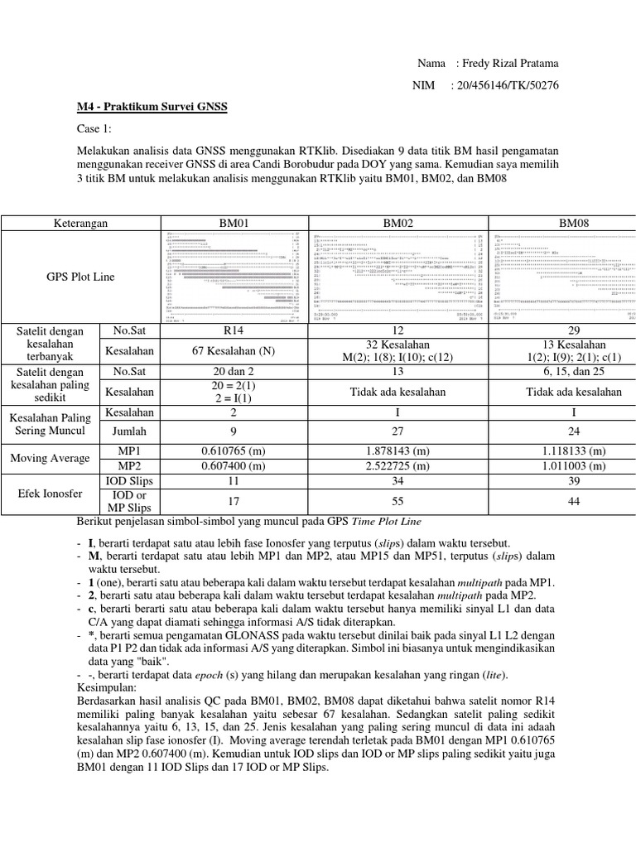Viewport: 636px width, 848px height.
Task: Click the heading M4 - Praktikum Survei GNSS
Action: [152, 108]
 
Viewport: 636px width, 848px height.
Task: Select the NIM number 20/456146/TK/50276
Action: [503, 85]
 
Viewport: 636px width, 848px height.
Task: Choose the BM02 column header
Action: [398, 223]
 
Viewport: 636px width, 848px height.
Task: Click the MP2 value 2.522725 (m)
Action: [398, 465]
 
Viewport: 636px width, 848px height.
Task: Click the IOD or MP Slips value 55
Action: [398, 500]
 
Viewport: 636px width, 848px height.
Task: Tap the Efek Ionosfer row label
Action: [49, 493]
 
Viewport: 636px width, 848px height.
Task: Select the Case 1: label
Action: [93, 129]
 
